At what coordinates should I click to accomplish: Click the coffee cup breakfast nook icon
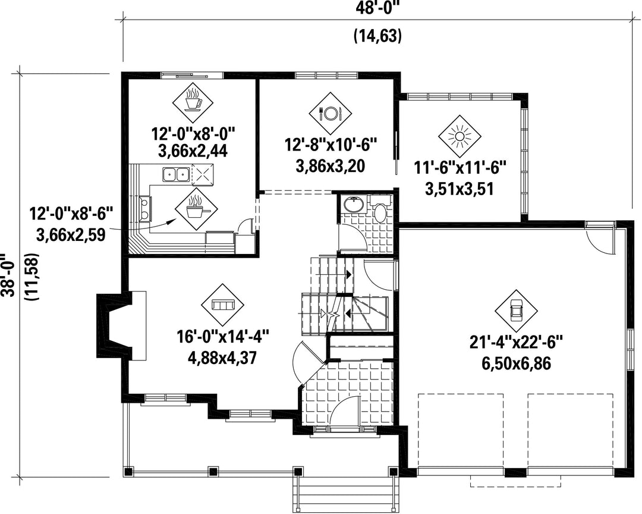[x=193, y=100]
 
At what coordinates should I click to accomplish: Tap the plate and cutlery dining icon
[x=330, y=112]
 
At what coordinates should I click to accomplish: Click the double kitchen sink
[x=175, y=175]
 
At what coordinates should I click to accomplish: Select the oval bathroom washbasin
[x=352, y=204]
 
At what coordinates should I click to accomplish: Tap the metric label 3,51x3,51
[x=460, y=189]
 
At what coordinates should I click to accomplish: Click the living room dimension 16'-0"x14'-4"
[x=223, y=339]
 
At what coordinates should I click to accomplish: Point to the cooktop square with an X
[x=203, y=174]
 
